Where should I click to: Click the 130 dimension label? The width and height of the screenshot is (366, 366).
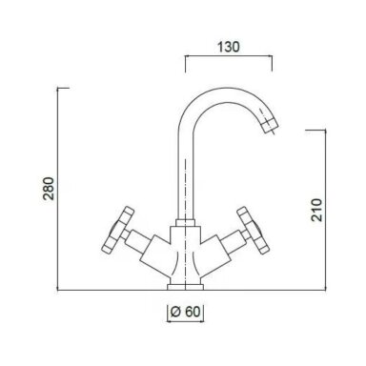click(229, 47)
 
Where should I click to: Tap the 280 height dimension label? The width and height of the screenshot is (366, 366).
click(49, 189)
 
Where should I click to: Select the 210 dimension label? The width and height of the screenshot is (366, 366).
click(316, 210)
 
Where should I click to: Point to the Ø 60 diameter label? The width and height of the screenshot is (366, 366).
click(186, 312)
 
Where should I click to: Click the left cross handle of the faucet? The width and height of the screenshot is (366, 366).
click(117, 230)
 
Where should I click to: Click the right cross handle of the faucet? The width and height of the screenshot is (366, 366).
click(254, 230)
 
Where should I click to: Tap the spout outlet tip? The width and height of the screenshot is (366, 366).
click(270, 127)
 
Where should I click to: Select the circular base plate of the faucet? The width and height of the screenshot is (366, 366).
click(185, 287)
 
